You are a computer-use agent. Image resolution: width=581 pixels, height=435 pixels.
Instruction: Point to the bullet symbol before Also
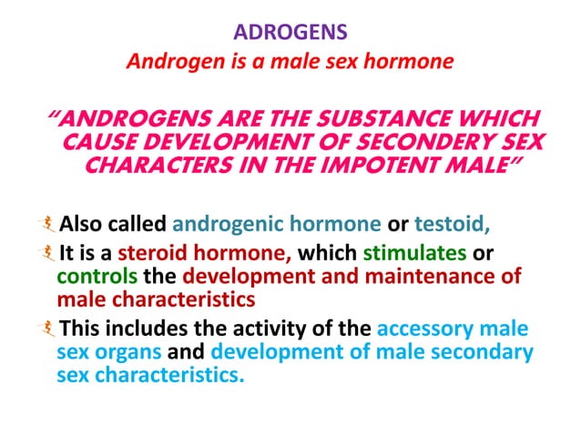[x=49, y=223]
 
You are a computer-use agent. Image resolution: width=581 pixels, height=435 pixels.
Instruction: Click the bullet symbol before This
[x=49, y=329]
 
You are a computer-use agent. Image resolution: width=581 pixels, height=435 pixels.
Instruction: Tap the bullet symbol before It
[x=49, y=255]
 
